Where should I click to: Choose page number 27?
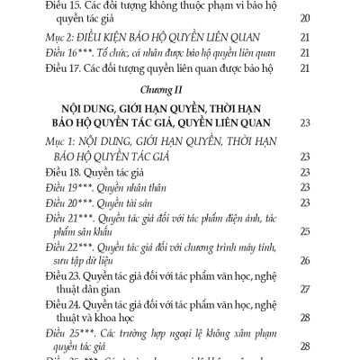(304, 289)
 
